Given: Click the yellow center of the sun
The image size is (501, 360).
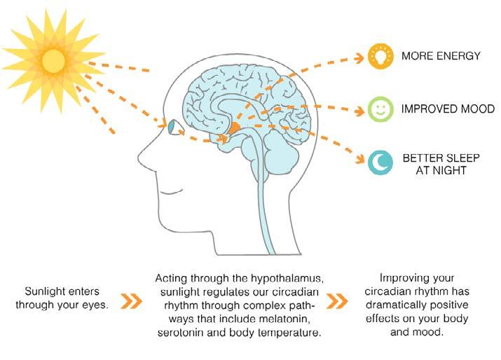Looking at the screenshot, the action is click(53, 62).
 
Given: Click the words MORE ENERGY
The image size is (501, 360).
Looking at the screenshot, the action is click(439, 56).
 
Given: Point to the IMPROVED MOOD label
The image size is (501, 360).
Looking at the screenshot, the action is click(448, 109).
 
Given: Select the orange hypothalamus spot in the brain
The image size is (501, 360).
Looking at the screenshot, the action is click(235, 128).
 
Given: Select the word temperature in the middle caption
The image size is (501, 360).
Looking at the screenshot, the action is click(289, 333).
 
